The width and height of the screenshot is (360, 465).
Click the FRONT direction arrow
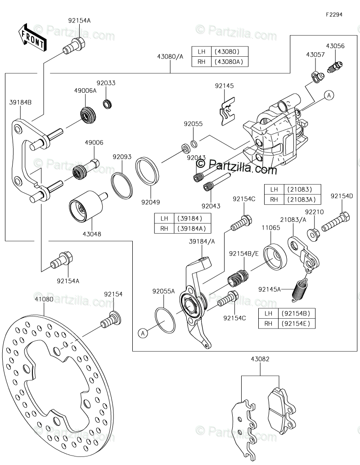31,37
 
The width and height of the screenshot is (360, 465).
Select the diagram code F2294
334,14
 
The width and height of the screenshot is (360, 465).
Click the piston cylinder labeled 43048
85,208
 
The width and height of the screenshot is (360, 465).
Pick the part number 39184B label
20,103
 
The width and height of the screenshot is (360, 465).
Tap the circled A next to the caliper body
329,95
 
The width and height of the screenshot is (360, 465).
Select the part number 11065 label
271,228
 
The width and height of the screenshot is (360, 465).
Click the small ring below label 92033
108,104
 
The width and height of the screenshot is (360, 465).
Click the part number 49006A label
85,90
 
